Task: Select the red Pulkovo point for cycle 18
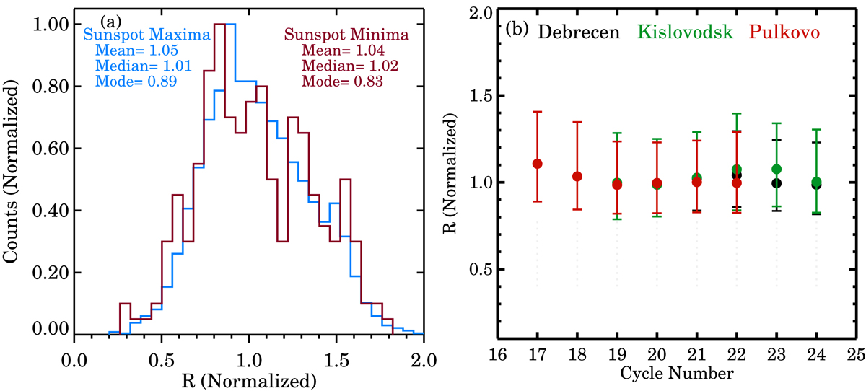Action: pyautogui.click(x=577, y=176)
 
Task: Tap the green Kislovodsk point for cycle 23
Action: pyautogui.click(x=777, y=169)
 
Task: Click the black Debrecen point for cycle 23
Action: pyautogui.click(x=777, y=183)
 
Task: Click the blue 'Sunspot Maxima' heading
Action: pyautogui.click(x=137, y=35)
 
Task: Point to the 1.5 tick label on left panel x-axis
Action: pyautogui.click(x=336, y=359)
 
